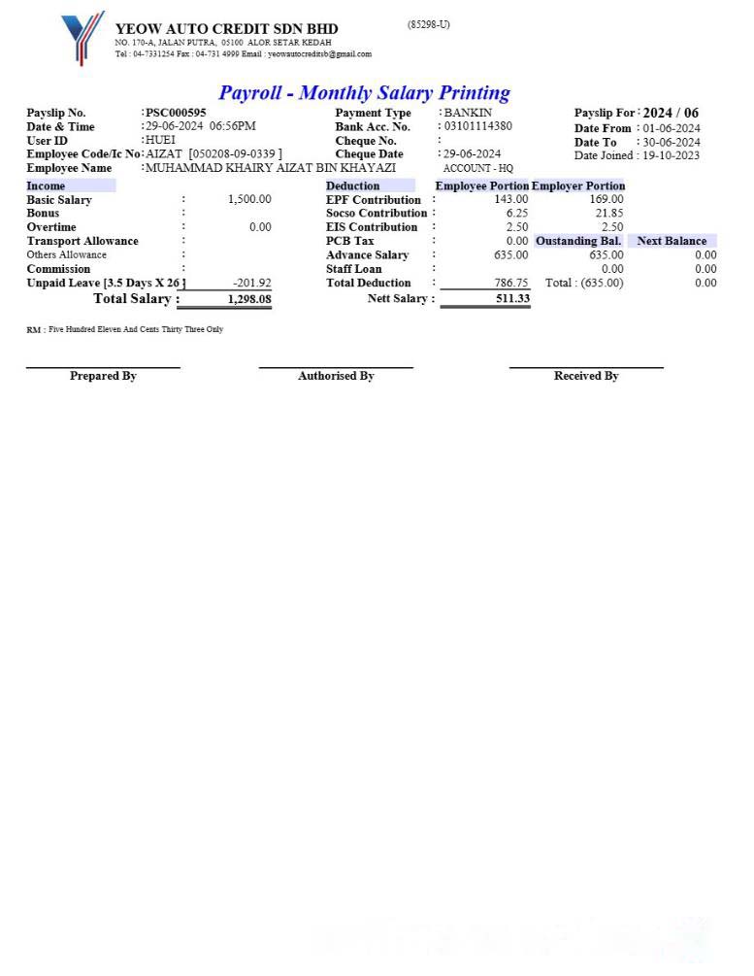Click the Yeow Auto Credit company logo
(x=82, y=37)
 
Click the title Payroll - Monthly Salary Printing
(x=364, y=93)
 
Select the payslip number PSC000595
(x=176, y=113)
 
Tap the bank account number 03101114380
(x=478, y=126)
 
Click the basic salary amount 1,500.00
(x=249, y=199)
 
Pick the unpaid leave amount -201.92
(x=252, y=283)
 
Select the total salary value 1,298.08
(x=249, y=299)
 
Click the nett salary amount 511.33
(x=512, y=298)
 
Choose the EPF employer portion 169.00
(x=606, y=199)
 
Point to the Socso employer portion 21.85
(x=609, y=213)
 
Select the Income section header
(x=47, y=185)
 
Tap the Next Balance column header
(x=672, y=241)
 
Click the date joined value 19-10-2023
(x=672, y=155)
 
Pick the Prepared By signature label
(x=103, y=376)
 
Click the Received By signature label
(x=586, y=376)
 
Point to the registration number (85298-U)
(x=428, y=24)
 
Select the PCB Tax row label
(x=350, y=241)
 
